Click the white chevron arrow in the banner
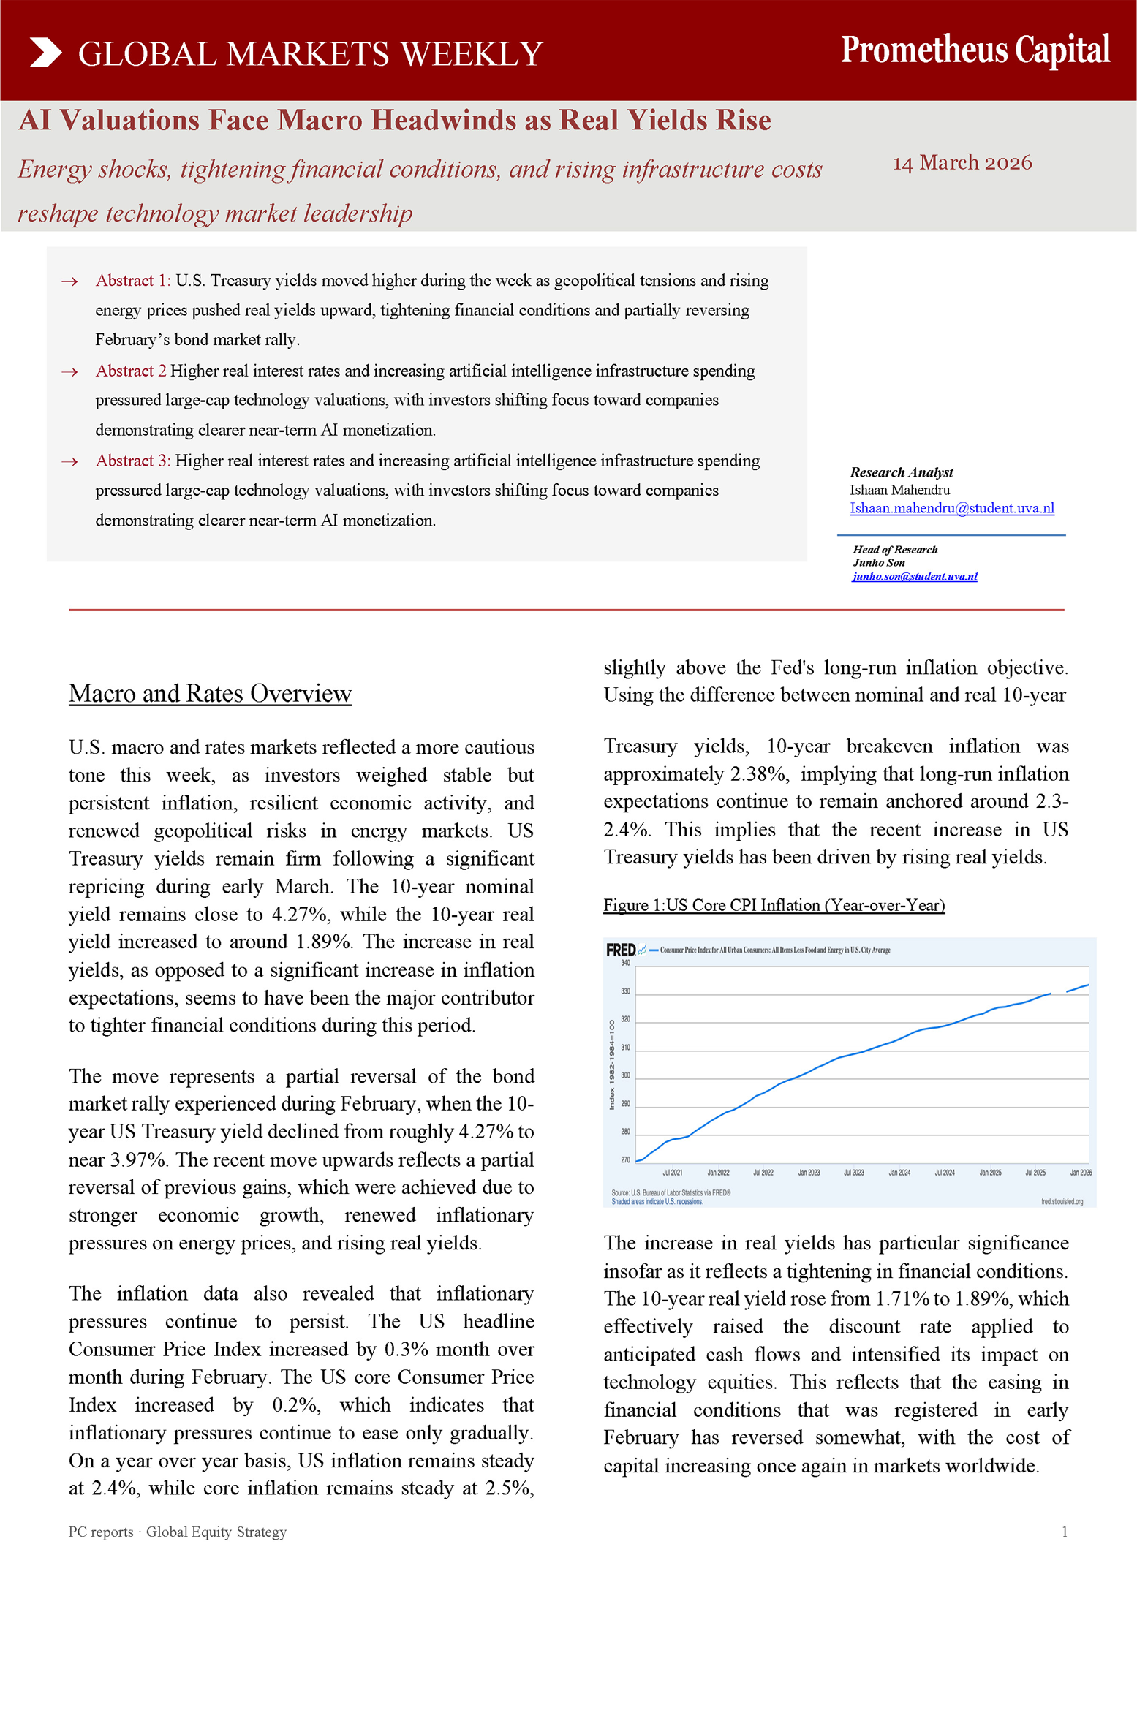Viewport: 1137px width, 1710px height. tap(45, 53)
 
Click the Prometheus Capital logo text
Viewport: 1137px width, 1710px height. tap(975, 50)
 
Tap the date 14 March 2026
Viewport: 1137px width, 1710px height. tap(962, 162)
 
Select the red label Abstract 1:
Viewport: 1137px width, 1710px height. tap(132, 281)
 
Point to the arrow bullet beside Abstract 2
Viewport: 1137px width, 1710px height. tap(69, 372)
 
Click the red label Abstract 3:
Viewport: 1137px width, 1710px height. tap(132, 461)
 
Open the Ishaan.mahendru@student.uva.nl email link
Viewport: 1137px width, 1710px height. tap(951, 508)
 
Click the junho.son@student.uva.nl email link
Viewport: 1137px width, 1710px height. tap(914, 576)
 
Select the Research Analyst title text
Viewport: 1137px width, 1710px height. tap(901, 472)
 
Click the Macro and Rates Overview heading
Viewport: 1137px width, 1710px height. tap(210, 693)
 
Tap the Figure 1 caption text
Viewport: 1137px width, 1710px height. tap(774, 905)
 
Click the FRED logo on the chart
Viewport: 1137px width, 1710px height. tap(620, 950)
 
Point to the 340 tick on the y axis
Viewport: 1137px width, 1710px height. tap(625, 963)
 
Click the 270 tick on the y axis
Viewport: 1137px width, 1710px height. tap(625, 1159)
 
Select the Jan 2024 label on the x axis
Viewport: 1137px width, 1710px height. tap(899, 1173)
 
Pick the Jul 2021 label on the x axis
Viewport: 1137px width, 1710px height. tap(672, 1173)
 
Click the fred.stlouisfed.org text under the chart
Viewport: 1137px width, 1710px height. tap(1062, 1201)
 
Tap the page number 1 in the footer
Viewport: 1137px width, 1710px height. tap(1064, 1532)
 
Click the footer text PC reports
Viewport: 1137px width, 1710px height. tap(101, 1532)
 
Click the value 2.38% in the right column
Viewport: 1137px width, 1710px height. tap(759, 773)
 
